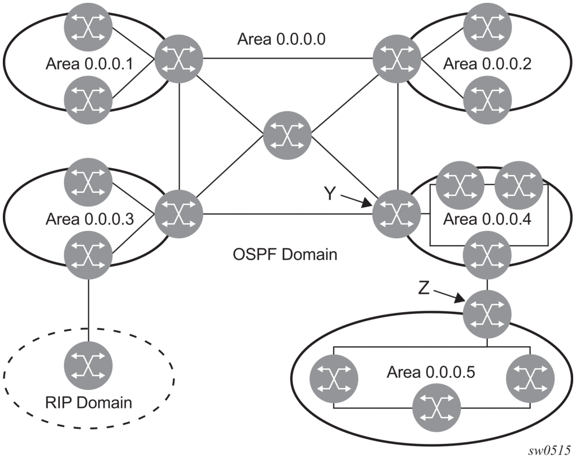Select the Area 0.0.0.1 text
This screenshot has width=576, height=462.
tap(89, 64)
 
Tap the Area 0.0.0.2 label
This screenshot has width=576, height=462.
tap(487, 64)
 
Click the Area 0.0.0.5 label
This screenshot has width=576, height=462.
tap(431, 373)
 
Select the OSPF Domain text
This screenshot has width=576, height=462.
tap(285, 254)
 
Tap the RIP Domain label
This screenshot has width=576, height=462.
tap(89, 403)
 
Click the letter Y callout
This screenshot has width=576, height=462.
tap(330, 194)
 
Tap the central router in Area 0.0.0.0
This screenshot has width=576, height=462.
tap(287, 136)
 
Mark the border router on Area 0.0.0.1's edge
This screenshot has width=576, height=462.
tap(179, 59)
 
